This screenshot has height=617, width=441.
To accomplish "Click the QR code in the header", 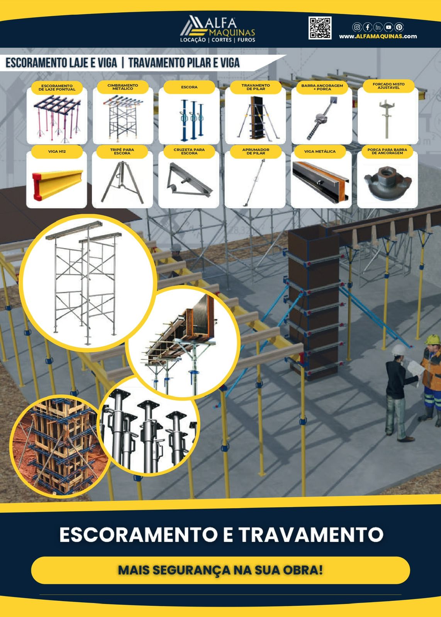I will [x=320, y=28].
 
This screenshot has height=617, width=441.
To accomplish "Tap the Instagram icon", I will [x=357, y=27].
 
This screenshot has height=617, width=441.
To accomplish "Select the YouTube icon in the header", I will [x=388, y=27].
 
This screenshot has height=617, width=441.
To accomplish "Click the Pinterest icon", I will [x=399, y=27].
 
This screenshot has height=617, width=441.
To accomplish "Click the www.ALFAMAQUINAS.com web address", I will [x=378, y=36].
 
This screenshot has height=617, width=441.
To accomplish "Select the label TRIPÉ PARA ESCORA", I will [x=122, y=152].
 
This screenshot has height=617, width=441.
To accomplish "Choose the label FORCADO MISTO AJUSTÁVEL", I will [x=388, y=86].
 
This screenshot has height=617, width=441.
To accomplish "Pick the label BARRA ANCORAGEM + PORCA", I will [x=322, y=87].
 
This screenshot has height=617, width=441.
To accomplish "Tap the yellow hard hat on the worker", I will [x=433, y=339].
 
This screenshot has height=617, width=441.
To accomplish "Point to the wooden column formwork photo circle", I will [x=54, y=446].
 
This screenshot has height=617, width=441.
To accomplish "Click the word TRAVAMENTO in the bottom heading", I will [x=311, y=534].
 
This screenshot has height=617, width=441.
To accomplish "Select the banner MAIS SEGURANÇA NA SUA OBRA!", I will [x=220, y=570].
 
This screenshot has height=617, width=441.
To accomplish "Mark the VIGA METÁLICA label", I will [x=320, y=152].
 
